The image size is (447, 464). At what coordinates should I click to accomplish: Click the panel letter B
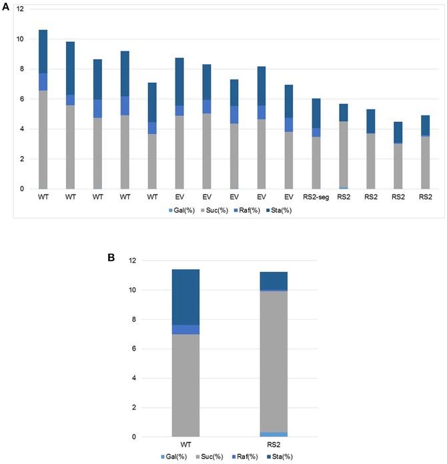pos(112,255)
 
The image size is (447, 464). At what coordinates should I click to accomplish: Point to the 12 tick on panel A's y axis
pos(20,9)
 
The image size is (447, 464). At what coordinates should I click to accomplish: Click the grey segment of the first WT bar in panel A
pos(43,139)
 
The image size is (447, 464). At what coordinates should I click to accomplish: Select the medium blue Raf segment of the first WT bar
pos(43,82)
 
